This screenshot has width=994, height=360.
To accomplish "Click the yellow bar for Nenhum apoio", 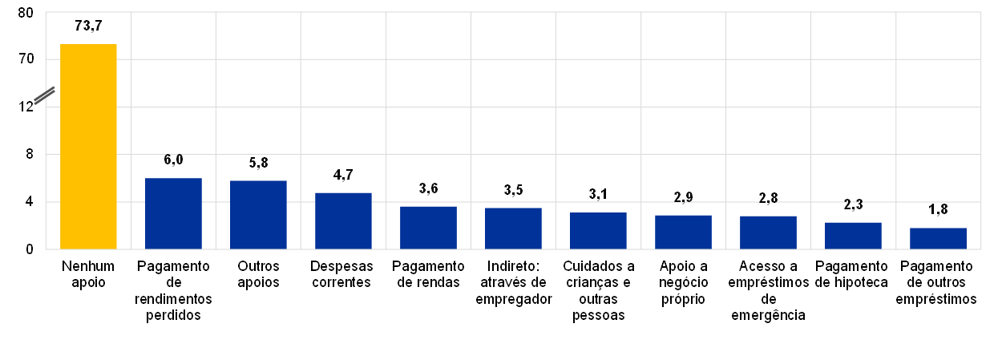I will (x=88, y=146).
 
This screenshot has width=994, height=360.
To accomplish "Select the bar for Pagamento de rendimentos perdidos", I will (x=173, y=213).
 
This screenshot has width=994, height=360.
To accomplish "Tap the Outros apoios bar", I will (x=258, y=215).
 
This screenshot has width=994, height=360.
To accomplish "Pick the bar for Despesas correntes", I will (x=343, y=220).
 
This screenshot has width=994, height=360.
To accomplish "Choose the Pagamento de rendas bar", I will (x=428, y=228).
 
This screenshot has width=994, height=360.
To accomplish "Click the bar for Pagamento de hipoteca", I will (x=853, y=236).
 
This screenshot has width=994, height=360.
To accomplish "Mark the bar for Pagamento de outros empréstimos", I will (x=938, y=238).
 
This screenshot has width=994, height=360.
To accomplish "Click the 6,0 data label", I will (x=173, y=160).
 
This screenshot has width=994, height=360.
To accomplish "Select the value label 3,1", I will (x=598, y=196).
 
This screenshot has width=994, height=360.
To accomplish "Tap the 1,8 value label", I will (x=938, y=211).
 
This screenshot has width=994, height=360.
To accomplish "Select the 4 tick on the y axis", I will (x=29, y=202).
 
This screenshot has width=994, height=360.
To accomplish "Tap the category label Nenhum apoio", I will (x=88, y=273).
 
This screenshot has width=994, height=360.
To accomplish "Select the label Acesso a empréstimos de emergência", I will (x=768, y=290).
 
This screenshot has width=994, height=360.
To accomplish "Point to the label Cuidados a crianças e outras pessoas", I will (x=598, y=290).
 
